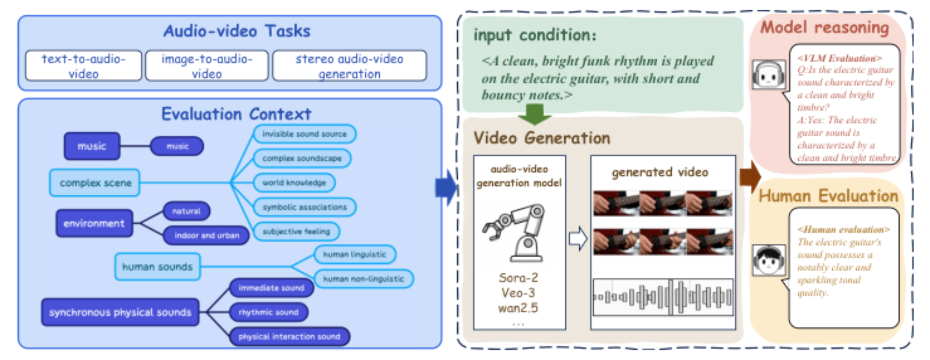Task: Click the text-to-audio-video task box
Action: pos(83,66)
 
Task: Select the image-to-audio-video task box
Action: pos(207,66)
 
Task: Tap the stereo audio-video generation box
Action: pos(349,66)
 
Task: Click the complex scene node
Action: pos(95,183)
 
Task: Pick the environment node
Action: pos(94,223)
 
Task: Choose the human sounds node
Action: pos(158,267)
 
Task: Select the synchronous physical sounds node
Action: pos(120,312)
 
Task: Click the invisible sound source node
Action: pos(304,134)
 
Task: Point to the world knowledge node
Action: pos(294,182)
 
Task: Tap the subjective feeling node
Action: pos(296,231)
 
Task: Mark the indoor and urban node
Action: pos(207,235)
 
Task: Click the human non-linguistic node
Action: pos(363,279)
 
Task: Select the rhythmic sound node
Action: pos(268,312)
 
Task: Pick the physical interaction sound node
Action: pos(289,337)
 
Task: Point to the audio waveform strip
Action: pos(663,297)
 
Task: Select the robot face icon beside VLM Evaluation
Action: pos(769,75)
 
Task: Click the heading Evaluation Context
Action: pos(236,114)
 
